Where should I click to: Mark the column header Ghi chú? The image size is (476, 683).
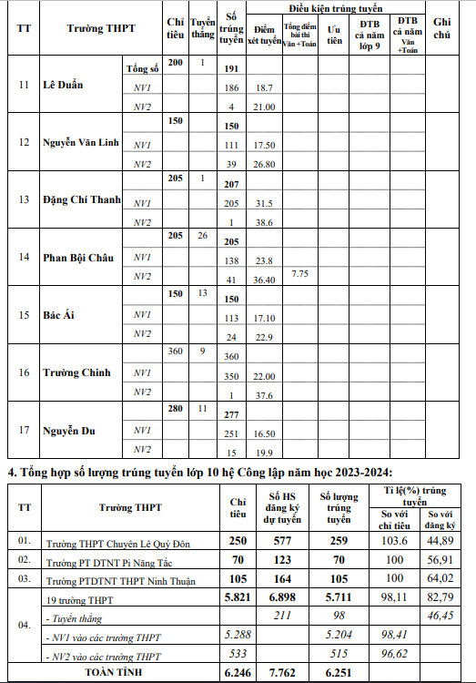click(441, 26)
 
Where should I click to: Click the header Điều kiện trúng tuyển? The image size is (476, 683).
click(334, 6)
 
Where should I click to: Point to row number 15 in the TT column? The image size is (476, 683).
click(23, 314)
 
